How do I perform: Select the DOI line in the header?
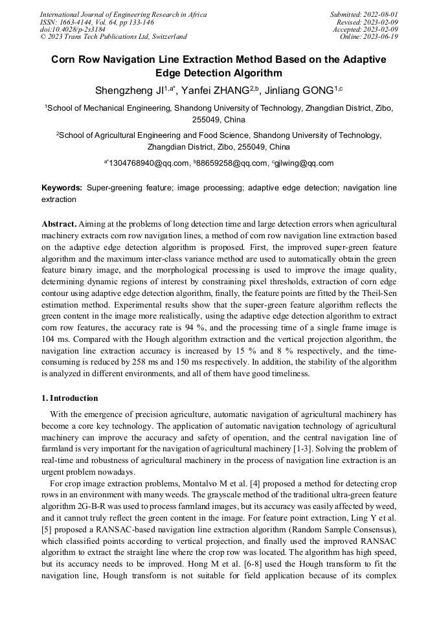click(73, 29)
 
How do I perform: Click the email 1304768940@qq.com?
click(148, 163)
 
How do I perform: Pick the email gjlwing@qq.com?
click(304, 163)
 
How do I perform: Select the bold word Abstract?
click(58, 223)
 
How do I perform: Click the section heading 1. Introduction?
click(70, 398)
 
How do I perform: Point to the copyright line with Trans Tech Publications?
click(113, 37)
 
